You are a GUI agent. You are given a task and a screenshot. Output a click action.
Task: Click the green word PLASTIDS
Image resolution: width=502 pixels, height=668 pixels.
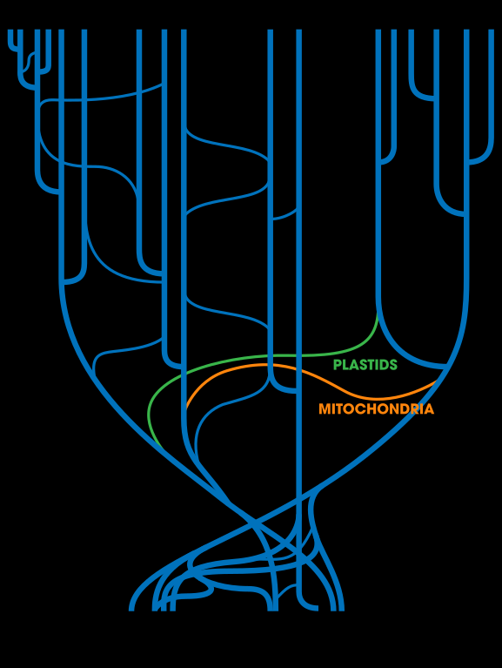tap(365, 365)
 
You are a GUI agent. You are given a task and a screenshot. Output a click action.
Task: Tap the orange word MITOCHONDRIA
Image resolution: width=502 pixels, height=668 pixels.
tap(377, 409)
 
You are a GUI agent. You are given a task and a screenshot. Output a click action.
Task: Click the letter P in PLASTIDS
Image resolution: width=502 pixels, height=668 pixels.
tap(338, 365)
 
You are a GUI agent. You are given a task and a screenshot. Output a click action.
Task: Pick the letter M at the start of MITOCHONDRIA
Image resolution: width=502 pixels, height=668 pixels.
tap(325, 409)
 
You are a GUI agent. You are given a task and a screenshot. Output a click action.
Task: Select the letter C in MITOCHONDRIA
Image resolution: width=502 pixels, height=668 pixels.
tap(357, 409)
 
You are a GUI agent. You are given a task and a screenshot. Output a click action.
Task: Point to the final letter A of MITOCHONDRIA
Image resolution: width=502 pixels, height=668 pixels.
tap(429, 409)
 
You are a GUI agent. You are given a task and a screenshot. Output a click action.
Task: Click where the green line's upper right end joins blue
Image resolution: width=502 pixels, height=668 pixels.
tap(378, 314)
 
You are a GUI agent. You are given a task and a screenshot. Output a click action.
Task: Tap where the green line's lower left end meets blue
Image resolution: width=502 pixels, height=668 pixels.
tap(161, 447)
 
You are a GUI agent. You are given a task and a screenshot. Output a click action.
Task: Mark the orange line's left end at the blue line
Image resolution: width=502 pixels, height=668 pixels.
tap(187, 408)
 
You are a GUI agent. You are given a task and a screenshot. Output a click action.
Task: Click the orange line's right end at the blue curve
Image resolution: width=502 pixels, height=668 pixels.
tap(436, 381)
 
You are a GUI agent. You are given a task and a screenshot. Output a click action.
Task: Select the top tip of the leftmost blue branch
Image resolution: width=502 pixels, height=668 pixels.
tap(10, 30)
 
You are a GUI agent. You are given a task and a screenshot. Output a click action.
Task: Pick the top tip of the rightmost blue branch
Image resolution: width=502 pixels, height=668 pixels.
tap(492, 30)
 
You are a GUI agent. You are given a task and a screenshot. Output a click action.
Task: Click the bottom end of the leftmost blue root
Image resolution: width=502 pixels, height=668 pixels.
tap(131, 610)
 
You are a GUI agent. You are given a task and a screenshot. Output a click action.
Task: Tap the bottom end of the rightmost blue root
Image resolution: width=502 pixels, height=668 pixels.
tap(341, 610)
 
